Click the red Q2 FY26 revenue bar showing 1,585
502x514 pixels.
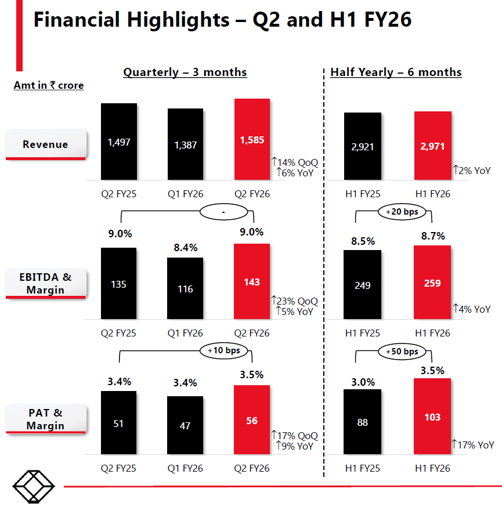click(x=252, y=139)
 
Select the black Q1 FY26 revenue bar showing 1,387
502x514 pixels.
click(x=186, y=144)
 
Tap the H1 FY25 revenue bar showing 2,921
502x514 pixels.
click(x=363, y=146)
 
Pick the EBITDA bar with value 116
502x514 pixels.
click(x=186, y=288)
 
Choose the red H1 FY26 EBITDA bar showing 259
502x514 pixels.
click(x=432, y=283)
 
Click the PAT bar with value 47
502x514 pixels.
click(x=186, y=425)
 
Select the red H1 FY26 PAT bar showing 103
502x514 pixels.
click(x=432, y=417)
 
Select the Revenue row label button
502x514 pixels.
click(x=45, y=144)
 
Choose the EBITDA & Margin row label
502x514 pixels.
click(x=45, y=283)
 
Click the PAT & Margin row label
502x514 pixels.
click(x=45, y=419)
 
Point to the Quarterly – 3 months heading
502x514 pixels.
click(x=185, y=73)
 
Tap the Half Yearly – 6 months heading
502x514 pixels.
click(x=396, y=73)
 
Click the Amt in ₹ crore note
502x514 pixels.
click(x=49, y=86)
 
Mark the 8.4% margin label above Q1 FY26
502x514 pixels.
click(x=185, y=248)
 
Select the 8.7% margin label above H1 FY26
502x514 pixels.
click(x=432, y=236)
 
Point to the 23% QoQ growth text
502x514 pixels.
click(x=295, y=301)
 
